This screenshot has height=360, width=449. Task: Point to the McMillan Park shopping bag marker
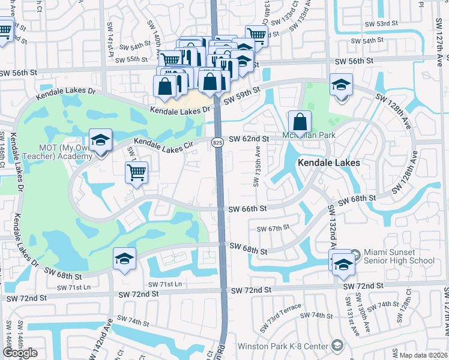pyautogui.click(x=300, y=122)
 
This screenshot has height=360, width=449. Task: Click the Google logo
pyautogui.click(x=20, y=353)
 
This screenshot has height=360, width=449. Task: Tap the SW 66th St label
pyautogui.click(x=247, y=208)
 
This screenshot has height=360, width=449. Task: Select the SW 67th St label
pyautogui.click(x=273, y=228)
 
